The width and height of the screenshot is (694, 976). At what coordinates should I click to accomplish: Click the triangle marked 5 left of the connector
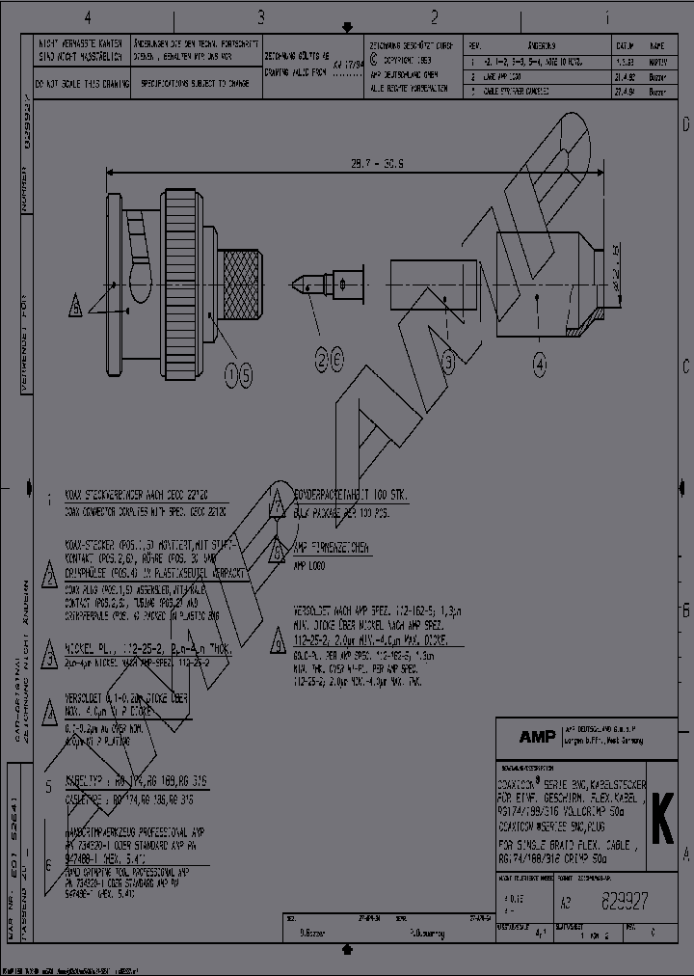pos(75,307)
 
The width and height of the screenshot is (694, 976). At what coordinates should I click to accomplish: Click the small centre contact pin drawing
pos(328,285)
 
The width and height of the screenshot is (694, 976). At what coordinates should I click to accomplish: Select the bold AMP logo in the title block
pos(537,737)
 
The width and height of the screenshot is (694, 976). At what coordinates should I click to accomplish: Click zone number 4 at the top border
pos(88,17)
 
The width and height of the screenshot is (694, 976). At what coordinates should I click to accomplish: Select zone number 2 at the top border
pos(434,17)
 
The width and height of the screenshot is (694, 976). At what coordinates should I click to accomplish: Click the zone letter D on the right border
pos(685,126)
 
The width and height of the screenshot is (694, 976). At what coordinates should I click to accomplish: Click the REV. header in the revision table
pos(474,45)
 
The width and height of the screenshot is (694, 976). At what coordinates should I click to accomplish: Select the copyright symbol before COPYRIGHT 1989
pos(374,59)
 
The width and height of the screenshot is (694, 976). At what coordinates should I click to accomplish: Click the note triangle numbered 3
pos(50,652)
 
